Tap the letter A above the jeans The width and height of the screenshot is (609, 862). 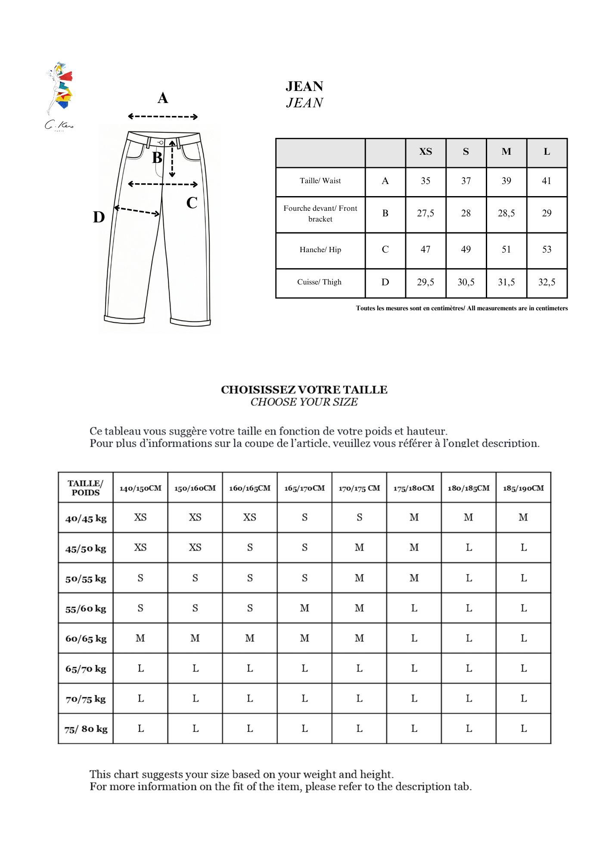click(163, 98)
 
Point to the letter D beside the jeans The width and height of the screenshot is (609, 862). click(99, 217)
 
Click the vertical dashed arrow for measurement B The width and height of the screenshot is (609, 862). click(172, 159)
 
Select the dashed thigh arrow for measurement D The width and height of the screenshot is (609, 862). click(137, 211)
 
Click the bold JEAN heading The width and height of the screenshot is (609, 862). click(304, 86)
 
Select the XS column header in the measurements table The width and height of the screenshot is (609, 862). click(426, 152)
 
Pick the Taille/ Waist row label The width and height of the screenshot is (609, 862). click(320, 181)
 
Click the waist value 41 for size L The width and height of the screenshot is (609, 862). click(547, 181)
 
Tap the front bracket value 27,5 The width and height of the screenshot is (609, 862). click(426, 213)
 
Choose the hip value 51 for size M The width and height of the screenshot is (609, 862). click(506, 250)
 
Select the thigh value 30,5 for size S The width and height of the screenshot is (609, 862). click(466, 282)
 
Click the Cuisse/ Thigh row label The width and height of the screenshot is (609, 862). click(320, 282)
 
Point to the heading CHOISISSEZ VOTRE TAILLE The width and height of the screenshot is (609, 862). click(304, 390)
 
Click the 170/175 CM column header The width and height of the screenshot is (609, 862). click(359, 488)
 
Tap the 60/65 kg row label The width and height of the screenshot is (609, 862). click(86, 639)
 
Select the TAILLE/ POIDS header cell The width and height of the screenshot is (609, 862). click(86, 488)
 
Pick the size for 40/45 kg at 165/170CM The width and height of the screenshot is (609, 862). click(304, 517)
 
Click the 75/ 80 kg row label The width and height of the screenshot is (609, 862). click(86, 729)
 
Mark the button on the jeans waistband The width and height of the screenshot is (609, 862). click(161, 142)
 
